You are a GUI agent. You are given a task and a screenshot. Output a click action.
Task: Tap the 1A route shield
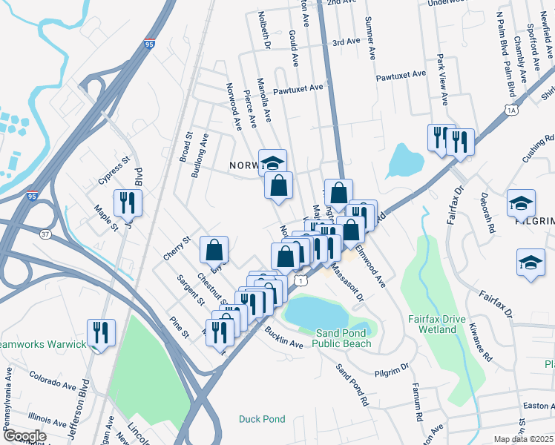512,111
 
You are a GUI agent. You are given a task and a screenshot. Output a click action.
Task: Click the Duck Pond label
262,419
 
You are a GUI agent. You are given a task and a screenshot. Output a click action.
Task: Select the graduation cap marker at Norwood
272,162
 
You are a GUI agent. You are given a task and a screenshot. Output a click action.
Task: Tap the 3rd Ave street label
346,43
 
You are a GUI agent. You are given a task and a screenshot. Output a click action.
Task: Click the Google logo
24,436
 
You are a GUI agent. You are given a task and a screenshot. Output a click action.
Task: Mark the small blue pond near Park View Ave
406,158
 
